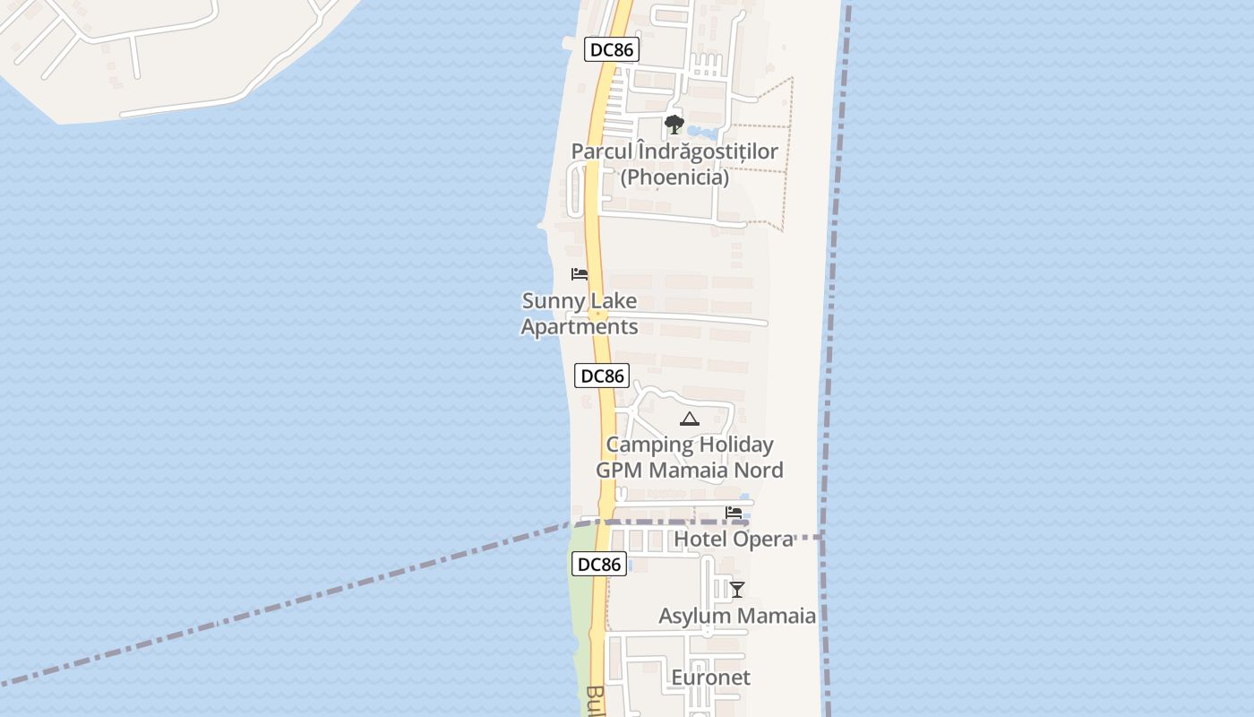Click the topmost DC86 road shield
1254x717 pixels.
point(612,50)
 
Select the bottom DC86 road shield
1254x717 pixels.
point(598,565)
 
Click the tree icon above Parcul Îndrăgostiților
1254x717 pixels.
point(674,125)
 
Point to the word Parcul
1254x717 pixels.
point(603,151)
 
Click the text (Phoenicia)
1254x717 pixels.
point(674,177)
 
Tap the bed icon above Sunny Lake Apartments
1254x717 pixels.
point(580,274)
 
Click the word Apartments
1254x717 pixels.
point(580,327)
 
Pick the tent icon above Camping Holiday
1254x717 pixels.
point(689,419)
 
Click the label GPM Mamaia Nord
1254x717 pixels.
point(690,471)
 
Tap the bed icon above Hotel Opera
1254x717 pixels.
point(734,514)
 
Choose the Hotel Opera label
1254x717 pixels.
point(733,540)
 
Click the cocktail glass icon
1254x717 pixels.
point(736,590)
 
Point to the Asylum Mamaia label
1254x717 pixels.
point(737,617)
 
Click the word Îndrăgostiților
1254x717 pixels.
point(708,151)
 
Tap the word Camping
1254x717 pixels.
point(649,445)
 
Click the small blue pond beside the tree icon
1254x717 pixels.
point(703,134)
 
